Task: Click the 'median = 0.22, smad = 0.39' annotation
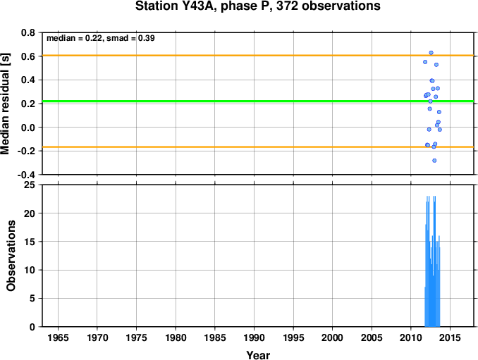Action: (101, 38)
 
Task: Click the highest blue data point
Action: (431, 53)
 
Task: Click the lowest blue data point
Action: (434, 161)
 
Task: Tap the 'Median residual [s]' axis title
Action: (5, 104)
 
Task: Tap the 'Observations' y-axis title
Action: (11, 256)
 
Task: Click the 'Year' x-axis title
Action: (258, 355)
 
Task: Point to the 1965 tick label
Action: (58, 337)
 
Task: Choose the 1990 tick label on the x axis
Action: (255, 337)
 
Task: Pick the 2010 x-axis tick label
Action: (411, 337)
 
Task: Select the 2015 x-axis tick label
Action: (451, 337)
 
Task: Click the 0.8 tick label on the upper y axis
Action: (28, 32)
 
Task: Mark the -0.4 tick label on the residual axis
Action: (26, 175)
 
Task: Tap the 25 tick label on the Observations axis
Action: (30, 185)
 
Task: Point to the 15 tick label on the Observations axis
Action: (30, 242)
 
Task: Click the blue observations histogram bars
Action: (432, 274)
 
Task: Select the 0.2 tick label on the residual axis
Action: (28, 104)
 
